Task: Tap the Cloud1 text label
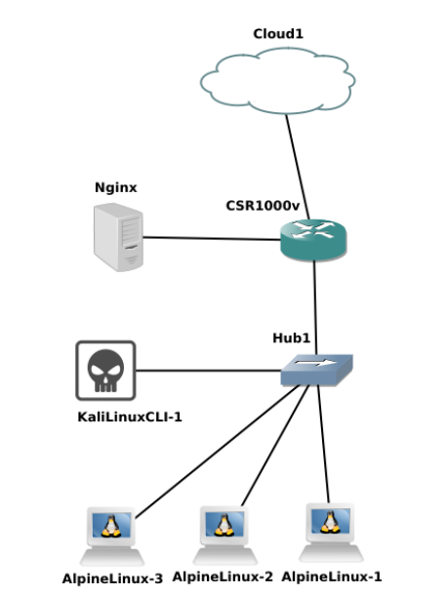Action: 278,33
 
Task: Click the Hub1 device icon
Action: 315,371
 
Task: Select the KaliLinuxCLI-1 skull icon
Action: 104,370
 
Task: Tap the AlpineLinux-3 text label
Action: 112,577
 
